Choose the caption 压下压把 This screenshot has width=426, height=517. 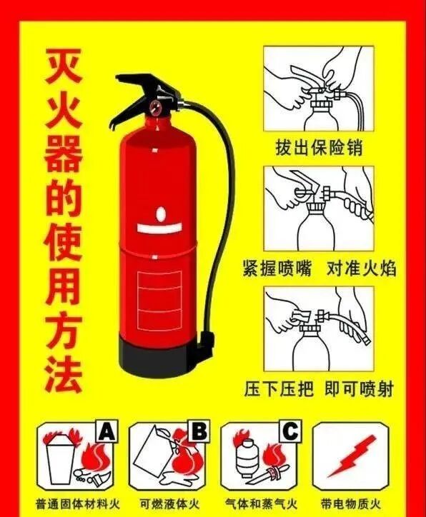[282, 389]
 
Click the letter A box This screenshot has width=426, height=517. [106, 431]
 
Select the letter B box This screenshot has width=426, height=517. [199, 431]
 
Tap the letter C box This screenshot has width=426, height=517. [290, 431]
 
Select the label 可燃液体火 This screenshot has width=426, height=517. [168, 503]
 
